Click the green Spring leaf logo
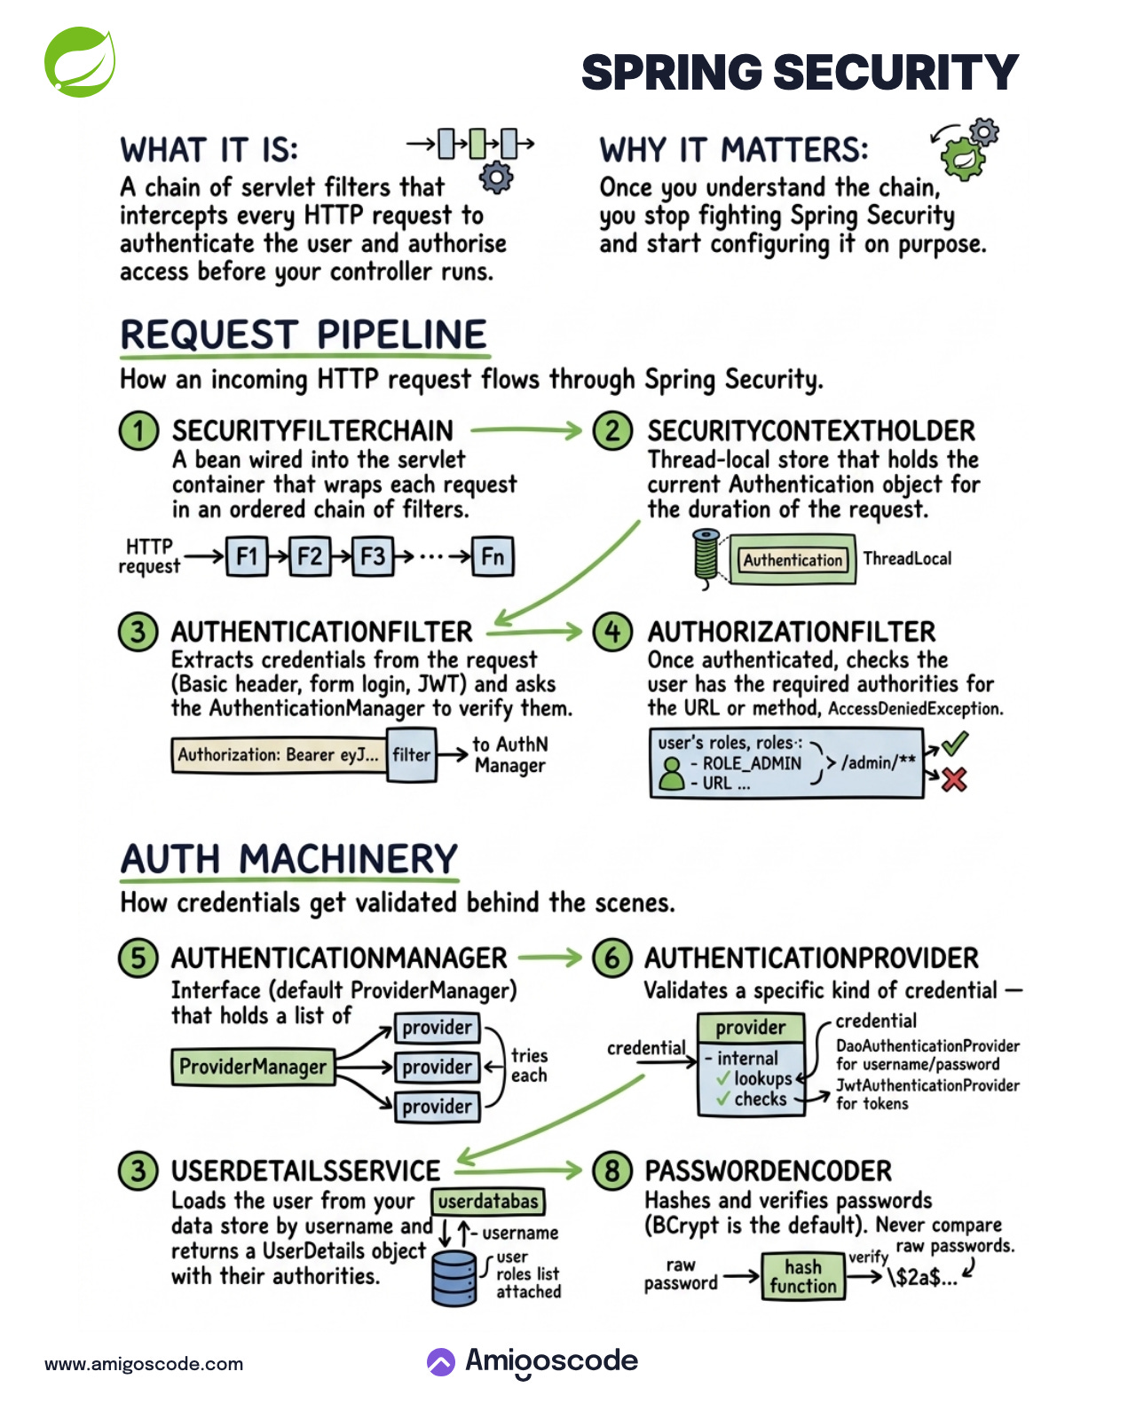tap(80, 62)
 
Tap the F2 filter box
tap(310, 557)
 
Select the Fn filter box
tap(493, 557)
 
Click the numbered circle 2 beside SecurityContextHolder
tap(612, 431)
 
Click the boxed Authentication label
tap(793, 560)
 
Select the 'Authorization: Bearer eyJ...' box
tap(279, 755)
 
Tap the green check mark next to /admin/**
tap(955, 744)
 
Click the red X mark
tap(954, 780)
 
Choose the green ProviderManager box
tap(253, 1067)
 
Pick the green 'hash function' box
tap(803, 1277)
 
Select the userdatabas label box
tap(488, 1202)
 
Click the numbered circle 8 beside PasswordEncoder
tap(611, 1170)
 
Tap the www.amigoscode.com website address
tap(144, 1364)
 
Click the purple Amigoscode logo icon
tap(441, 1362)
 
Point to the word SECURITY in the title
tap(896, 73)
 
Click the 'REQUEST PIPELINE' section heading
tap(304, 335)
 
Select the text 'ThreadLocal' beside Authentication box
tap(907, 559)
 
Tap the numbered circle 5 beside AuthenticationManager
tap(138, 958)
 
